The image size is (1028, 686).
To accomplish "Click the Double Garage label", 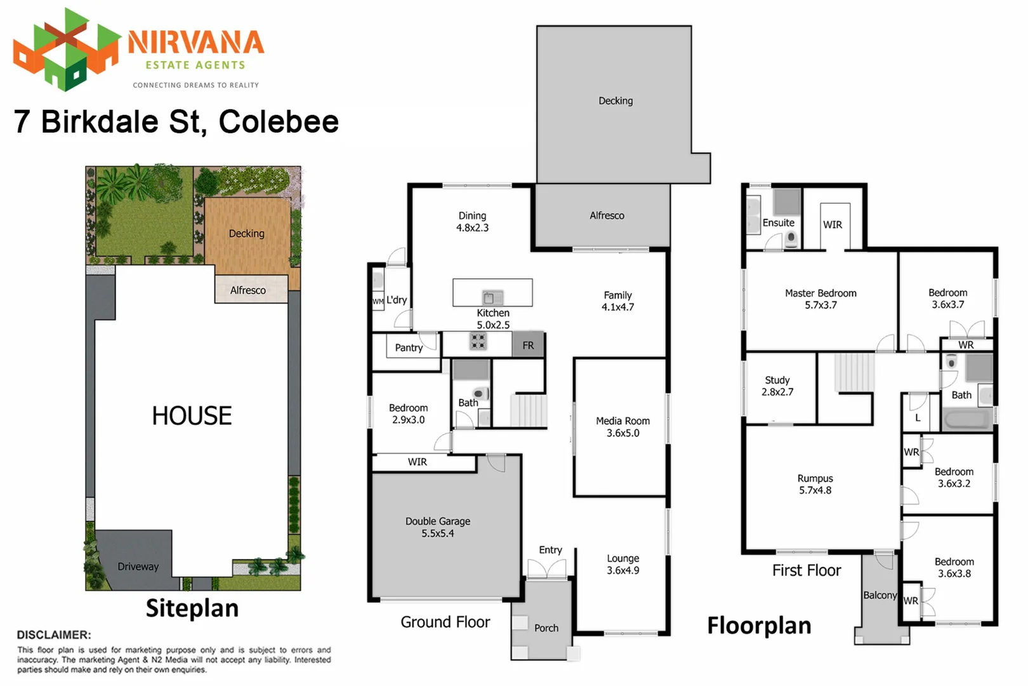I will [438, 521].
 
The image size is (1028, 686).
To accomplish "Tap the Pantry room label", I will [409, 347].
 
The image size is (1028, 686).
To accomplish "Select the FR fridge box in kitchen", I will [528, 346].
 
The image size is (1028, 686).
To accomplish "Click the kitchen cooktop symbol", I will [478, 341].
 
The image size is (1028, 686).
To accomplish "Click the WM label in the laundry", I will [378, 301].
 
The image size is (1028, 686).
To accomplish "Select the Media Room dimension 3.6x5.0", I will [623, 433].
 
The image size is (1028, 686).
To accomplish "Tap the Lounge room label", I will [623, 558].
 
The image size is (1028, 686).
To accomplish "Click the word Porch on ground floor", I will [546, 628].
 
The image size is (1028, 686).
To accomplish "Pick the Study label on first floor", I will [777, 380].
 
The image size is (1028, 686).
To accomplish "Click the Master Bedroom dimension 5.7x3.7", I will [820, 305].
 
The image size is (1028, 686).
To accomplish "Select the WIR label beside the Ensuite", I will [833, 225].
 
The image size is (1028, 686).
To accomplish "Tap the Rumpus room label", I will [815, 478].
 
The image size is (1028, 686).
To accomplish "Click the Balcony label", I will [880, 595].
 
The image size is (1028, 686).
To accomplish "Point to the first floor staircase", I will [854, 373].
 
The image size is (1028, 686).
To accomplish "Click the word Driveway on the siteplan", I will [138, 567].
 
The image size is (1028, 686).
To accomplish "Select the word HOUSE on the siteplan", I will [192, 416].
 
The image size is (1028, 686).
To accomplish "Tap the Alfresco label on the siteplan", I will [247, 290].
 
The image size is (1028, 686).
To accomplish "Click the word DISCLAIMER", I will [54, 635].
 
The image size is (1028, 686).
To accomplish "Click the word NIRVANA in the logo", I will [195, 43].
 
